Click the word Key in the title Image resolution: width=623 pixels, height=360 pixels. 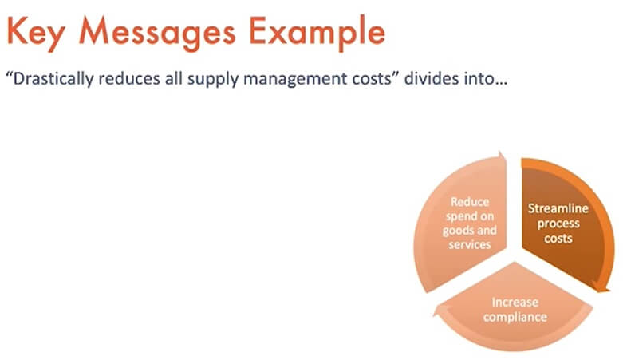pos(36,33)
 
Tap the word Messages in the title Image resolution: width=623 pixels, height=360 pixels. pos(158,33)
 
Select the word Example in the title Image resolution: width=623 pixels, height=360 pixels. pos(317,33)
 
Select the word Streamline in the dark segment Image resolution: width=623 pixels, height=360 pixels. pos(558,208)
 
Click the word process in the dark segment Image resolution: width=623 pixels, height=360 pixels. pos(558,224)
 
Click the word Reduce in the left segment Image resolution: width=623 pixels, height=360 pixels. pos(470,202)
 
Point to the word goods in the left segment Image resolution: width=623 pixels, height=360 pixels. pos(458,231)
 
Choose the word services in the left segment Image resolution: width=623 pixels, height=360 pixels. pos(470,244)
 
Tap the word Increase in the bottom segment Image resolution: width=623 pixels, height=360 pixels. pos(515,303)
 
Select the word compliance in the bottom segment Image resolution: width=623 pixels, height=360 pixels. pos(515,318)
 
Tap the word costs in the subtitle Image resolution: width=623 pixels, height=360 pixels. pos(375,79)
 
